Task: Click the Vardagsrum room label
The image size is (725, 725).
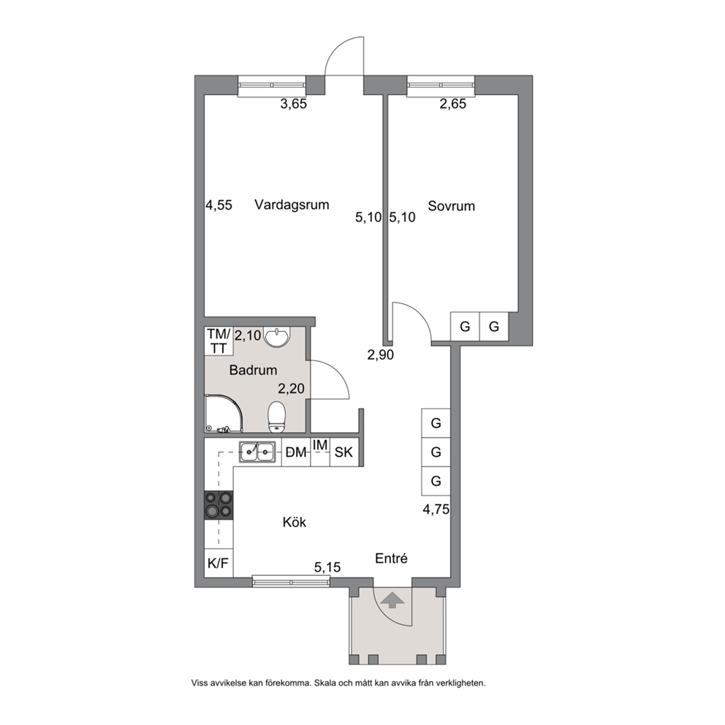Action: click(292, 205)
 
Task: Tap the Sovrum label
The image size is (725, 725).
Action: click(451, 206)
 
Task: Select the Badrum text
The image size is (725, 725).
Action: click(254, 370)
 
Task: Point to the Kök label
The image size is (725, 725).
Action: click(295, 522)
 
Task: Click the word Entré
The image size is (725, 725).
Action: click(391, 558)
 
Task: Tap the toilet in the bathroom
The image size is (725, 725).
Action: click(277, 416)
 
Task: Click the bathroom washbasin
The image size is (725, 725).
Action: click(276, 336)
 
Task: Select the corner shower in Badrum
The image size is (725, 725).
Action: click(224, 414)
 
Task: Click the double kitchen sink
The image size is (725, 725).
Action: click(257, 452)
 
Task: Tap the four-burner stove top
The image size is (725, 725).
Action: click(219, 504)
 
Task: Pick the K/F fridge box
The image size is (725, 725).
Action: click(219, 563)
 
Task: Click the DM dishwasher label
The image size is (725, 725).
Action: click(296, 452)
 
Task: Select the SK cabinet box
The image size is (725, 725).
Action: click(344, 452)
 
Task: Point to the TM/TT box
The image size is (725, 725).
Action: click(219, 341)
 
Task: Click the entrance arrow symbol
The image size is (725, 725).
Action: click(392, 600)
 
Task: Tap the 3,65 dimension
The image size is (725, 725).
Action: click(294, 104)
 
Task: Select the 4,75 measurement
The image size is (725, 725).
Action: click(436, 509)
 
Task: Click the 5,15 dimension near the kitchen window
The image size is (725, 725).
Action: click(327, 567)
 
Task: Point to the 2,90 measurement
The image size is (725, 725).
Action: click(381, 355)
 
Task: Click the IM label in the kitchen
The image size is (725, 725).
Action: click(320, 445)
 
